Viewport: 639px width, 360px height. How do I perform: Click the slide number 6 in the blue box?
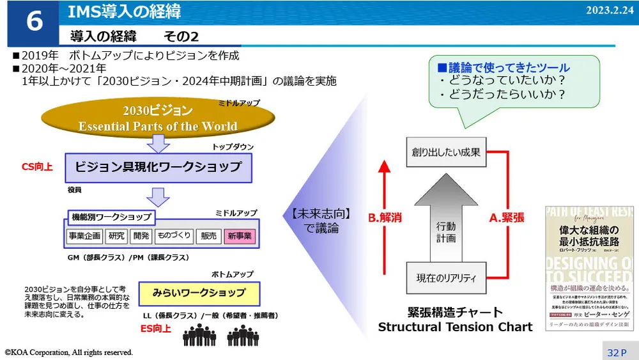pyautogui.click(x=34, y=22)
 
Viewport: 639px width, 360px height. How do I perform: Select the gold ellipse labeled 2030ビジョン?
pyautogui.click(x=158, y=117)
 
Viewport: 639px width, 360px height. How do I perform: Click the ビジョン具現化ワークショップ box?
pyautogui.click(x=158, y=167)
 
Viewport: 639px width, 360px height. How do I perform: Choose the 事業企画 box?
pyautogui.click(x=84, y=236)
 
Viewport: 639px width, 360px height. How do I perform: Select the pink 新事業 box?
pyautogui.click(x=239, y=237)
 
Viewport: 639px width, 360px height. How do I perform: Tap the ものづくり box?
pyautogui.click(x=174, y=236)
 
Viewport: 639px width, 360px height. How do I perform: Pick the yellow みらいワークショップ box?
pyautogui.click(x=199, y=293)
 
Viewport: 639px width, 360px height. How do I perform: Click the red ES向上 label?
pyautogui.click(x=155, y=329)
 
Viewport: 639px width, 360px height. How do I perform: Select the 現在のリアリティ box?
pyautogui.click(x=446, y=278)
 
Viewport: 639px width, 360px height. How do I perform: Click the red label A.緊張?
pyautogui.click(x=507, y=217)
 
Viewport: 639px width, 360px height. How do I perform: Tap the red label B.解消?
pyautogui.click(x=385, y=217)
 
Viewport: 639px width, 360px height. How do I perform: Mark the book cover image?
pyautogui.click(x=589, y=268)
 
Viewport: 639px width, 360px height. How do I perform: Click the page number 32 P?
pyautogui.click(x=617, y=352)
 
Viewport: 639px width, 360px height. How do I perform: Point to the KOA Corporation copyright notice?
pyautogui.click(x=69, y=352)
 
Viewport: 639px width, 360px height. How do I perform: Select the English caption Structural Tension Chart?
pyautogui.click(x=455, y=327)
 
